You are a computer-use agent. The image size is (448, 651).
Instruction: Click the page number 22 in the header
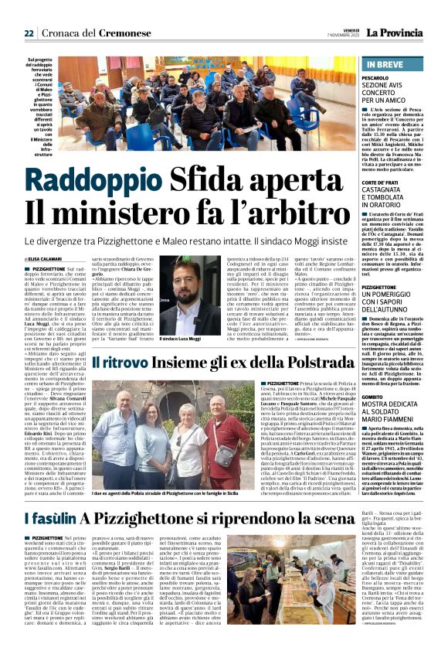click(29, 33)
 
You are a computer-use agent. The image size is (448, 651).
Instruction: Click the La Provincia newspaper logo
click(395, 32)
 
